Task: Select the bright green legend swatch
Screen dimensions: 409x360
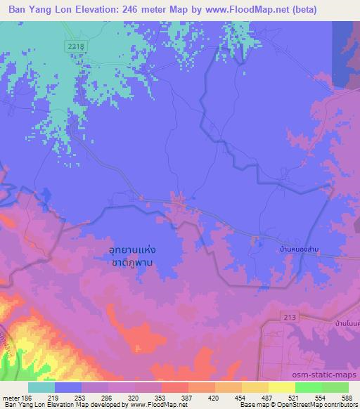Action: click(x=307, y=387)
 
